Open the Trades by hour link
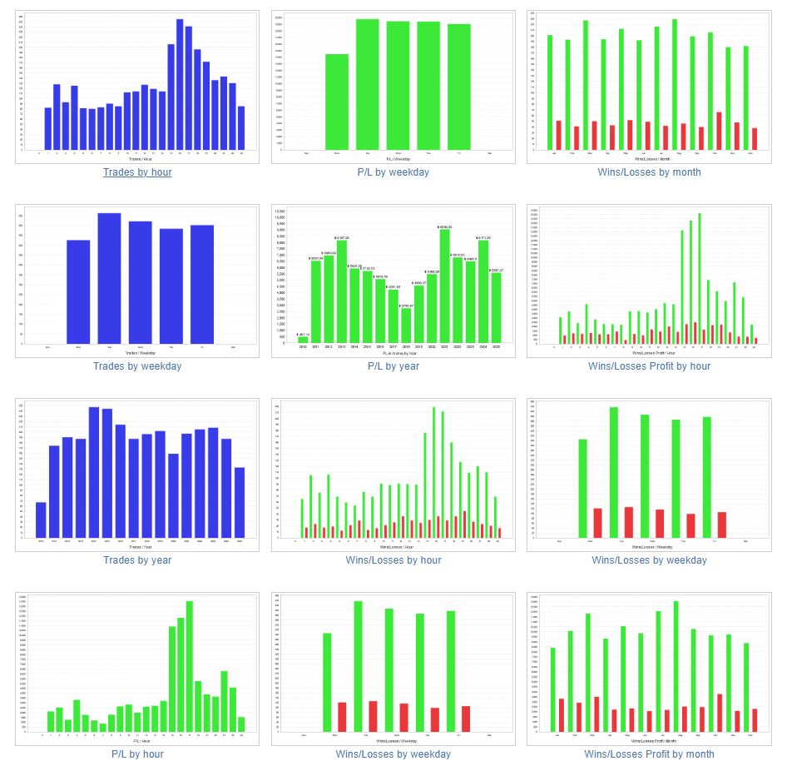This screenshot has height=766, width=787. pyautogui.click(x=137, y=172)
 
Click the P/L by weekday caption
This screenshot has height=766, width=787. pyautogui.click(x=393, y=172)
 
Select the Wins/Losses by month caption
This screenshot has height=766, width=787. pyautogui.click(x=649, y=172)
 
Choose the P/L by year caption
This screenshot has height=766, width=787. pyautogui.click(x=393, y=366)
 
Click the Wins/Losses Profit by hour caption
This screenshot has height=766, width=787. pyautogui.click(x=649, y=366)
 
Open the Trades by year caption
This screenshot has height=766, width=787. pyautogui.click(x=137, y=560)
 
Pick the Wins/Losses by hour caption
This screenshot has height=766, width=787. pyautogui.click(x=393, y=560)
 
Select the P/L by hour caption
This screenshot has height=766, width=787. pyautogui.click(x=137, y=754)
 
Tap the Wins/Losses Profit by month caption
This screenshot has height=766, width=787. pyautogui.click(x=649, y=754)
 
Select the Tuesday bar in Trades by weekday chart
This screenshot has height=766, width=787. pyautogui.click(x=109, y=279)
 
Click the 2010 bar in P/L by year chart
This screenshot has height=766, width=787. pyautogui.click(x=303, y=340)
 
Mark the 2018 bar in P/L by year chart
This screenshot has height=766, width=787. pyautogui.click(x=406, y=326)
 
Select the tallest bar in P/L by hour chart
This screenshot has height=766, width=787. pyautogui.click(x=189, y=666)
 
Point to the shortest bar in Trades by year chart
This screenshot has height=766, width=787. pyautogui.click(x=41, y=520)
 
